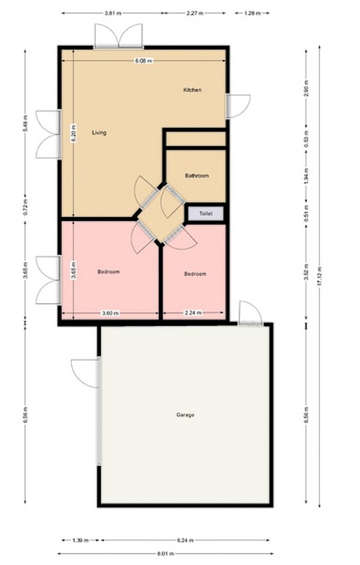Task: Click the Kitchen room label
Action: pyautogui.click(x=192, y=90)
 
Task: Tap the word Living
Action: pyautogui.click(x=99, y=133)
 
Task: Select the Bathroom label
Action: pyautogui.click(x=197, y=175)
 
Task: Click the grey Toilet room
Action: pyautogui.click(x=206, y=213)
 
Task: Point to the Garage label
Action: pyautogui.click(x=185, y=414)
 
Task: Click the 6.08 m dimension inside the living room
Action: pyautogui.click(x=144, y=61)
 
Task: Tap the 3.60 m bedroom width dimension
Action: pyautogui.click(x=110, y=313)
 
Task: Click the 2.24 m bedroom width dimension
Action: pyautogui.click(x=194, y=313)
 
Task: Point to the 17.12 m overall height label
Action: pyautogui.click(x=319, y=276)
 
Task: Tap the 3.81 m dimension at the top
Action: pyautogui.click(x=113, y=13)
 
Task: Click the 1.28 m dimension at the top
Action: pyautogui.click(x=252, y=13)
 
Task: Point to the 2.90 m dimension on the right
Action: pyautogui.click(x=306, y=89)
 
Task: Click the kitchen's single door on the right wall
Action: pyautogui.click(x=238, y=106)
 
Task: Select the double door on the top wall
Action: pyautogui.click(x=119, y=36)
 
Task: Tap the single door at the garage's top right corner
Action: pyautogui.click(x=251, y=313)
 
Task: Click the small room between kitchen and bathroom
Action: pyautogui.click(x=195, y=139)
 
